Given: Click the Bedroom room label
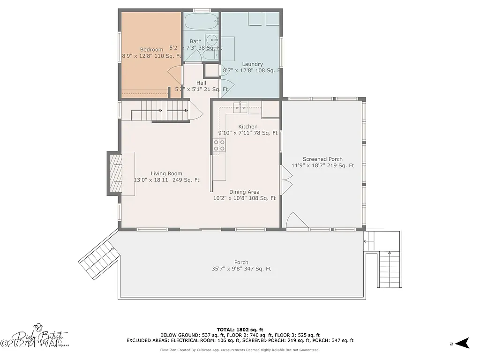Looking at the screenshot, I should pyautogui.click(x=151, y=50).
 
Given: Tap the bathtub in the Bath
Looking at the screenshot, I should pyautogui.click(x=201, y=21).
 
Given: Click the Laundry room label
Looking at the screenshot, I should pyautogui.click(x=252, y=64).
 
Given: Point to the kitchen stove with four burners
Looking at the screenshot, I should pyautogui.click(x=219, y=146).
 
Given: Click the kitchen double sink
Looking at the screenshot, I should pyautogui.click(x=241, y=108).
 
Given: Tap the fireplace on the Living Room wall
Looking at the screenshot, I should pyautogui.click(x=116, y=173).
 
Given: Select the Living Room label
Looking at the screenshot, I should pyautogui.click(x=166, y=174).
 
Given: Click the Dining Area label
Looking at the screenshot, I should pyautogui.click(x=244, y=192).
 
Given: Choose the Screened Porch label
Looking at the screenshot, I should pyautogui.click(x=322, y=159).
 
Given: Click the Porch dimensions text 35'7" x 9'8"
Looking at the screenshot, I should pyautogui.click(x=241, y=269).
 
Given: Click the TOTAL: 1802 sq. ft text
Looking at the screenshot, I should pyautogui.click(x=240, y=329).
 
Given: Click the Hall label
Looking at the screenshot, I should pyautogui.click(x=201, y=83).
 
